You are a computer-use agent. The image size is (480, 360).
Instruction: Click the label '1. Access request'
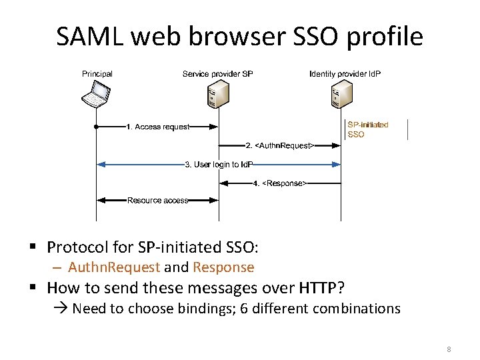pyautogui.click(x=158, y=127)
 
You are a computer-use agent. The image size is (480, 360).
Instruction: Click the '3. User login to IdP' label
pyautogui.click(x=219, y=164)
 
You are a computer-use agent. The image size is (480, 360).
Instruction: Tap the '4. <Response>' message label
pyautogui.click(x=280, y=183)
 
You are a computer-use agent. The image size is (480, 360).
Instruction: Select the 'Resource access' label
pyautogui.click(x=157, y=200)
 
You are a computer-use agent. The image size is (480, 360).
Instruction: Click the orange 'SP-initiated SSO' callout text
pyautogui.click(x=367, y=129)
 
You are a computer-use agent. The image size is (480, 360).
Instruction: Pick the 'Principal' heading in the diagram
pyautogui.click(x=97, y=73)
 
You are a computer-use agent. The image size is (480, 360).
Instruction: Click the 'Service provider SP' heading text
pyautogui.click(x=217, y=73)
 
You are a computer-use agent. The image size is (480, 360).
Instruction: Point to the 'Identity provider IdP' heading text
pyautogui.click(x=345, y=73)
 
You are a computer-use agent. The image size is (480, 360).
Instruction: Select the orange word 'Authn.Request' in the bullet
pyautogui.click(x=114, y=267)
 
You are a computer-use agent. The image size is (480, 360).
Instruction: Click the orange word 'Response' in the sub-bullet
pyautogui.click(x=223, y=267)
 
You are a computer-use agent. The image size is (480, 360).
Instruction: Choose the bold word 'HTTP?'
pyautogui.click(x=322, y=288)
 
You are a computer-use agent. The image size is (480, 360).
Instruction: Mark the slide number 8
pyautogui.click(x=449, y=349)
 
